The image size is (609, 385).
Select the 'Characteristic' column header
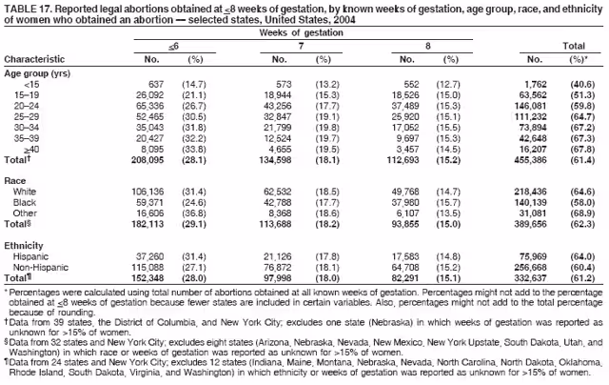tap(34, 59)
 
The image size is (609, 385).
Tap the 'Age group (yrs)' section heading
tap(34, 72)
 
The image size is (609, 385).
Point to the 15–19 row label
tap(25, 95)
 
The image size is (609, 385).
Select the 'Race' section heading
tap(15, 178)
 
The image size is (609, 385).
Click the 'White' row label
tap(25, 192)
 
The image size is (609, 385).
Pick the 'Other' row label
tap(25, 213)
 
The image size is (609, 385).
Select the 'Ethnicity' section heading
tap(23, 245)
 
